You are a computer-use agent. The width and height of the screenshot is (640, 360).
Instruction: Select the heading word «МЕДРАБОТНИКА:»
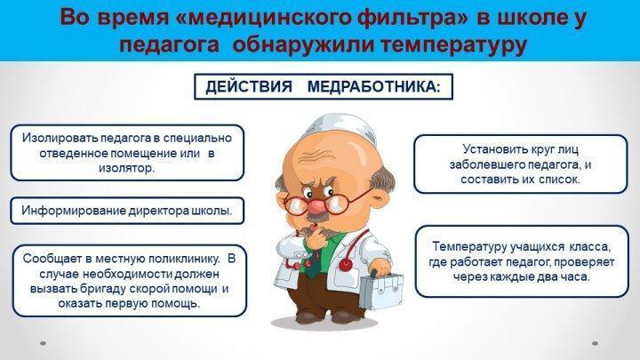tap(373, 86)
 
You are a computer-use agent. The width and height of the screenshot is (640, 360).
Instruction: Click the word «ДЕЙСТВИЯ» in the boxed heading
tap(249, 86)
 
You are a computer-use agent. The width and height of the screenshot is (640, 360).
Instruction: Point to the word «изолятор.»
tap(126, 169)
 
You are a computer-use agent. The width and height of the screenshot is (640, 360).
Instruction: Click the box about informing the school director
tap(127, 211)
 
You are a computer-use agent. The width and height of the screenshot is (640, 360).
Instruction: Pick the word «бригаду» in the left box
tap(103, 289)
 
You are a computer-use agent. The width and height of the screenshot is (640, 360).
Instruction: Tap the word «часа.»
tap(575, 277)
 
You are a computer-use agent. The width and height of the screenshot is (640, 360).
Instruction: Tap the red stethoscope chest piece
tap(346, 264)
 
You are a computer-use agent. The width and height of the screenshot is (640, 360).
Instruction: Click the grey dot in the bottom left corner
tap(43, 344)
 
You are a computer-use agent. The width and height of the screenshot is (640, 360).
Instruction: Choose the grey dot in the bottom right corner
tap(595, 344)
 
